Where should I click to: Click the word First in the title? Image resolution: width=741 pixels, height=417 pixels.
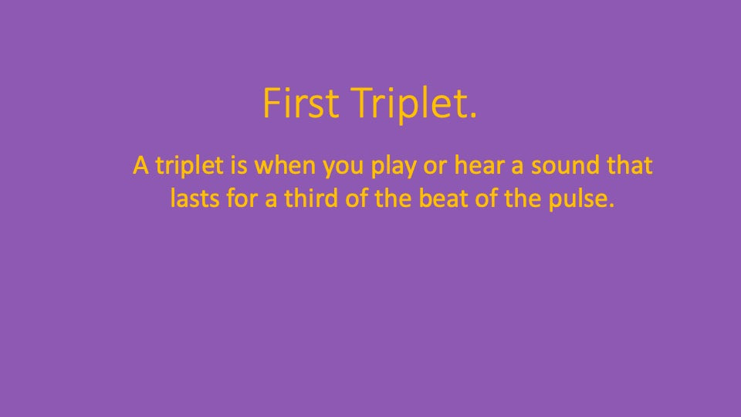(300, 102)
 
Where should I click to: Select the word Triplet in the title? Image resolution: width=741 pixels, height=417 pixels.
(409, 105)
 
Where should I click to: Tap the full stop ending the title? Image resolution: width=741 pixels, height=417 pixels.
(473, 115)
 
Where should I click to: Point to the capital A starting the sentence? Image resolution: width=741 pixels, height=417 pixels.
(140, 165)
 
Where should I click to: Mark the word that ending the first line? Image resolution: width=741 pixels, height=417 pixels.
(630, 165)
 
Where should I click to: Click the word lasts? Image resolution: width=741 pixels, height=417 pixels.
(195, 198)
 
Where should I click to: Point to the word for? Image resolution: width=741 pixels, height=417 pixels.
(242, 198)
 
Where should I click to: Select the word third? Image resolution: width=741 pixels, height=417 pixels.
(311, 198)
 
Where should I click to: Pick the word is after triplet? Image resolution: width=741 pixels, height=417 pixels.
(239, 165)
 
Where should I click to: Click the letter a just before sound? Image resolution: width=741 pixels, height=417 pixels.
(517, 168)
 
